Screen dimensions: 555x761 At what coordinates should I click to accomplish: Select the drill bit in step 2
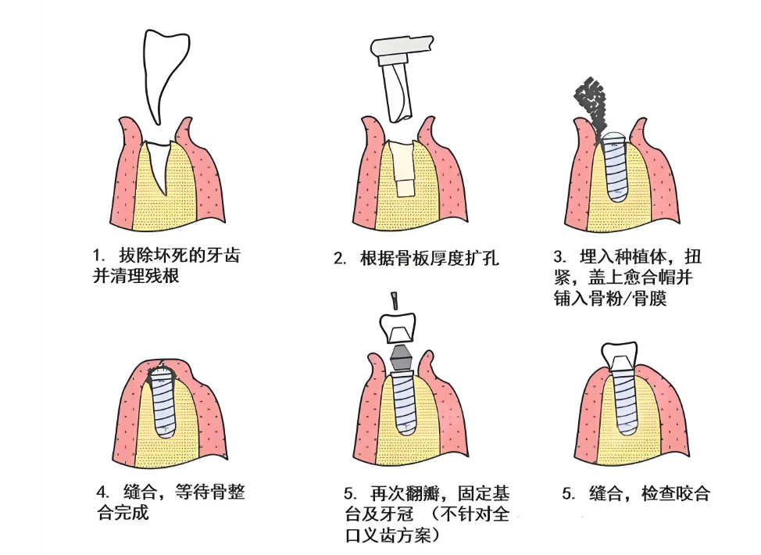398,91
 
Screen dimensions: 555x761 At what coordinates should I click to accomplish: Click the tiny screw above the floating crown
396,299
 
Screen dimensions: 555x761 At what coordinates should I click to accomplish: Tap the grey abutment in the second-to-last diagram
400,357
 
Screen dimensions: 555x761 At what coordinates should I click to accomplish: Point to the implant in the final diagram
624,403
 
